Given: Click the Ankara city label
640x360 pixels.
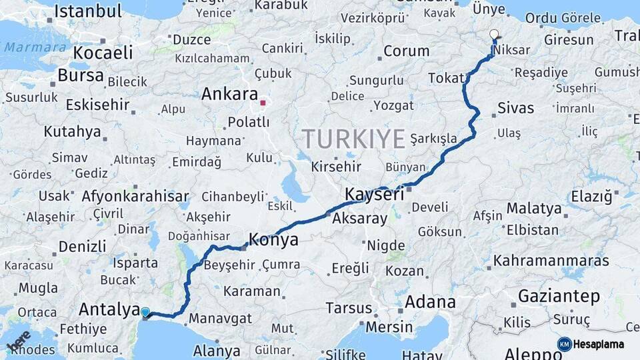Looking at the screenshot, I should [x=229, y=93].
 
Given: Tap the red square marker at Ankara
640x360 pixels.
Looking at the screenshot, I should [x=263, y=103].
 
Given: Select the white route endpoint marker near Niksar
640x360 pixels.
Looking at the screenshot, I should [x=494, y=33].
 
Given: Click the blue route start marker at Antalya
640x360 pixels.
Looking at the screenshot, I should [x=145, y=311].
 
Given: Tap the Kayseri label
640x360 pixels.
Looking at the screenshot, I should [x=375, y=195].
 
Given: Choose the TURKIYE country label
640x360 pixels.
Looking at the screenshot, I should [x=354, y=139].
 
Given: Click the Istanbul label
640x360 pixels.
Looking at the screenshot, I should [x=88, y=11].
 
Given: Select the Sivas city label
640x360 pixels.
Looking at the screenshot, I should [x=515, y=107].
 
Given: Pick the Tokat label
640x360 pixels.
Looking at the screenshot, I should [x=445, y=78].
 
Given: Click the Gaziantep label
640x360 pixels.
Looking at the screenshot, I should [x=559, y=295].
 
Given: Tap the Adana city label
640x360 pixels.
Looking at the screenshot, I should [x=430, y=301].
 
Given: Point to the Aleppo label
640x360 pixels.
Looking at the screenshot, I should [x=533, y=353].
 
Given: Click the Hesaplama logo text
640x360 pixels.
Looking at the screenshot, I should [x=599, y=344].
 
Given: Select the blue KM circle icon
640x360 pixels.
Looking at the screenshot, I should [x=564, y=344].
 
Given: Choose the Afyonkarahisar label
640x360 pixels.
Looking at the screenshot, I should [x=135, y=197].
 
